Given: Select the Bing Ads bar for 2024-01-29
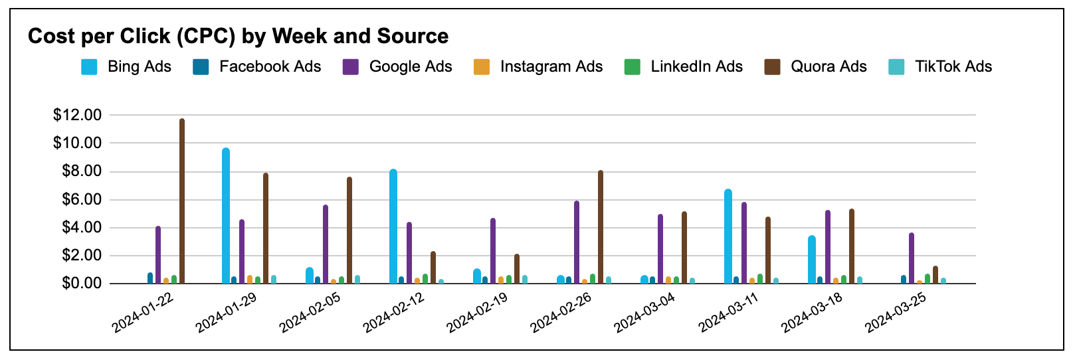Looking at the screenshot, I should (x=226, y=216).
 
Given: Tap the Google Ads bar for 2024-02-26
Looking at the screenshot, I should (x=577, y=242).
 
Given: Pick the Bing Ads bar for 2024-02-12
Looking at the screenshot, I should (x=393, y=226).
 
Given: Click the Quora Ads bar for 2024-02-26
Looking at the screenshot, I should (x=601, y=227).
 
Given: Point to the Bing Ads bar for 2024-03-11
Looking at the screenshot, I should (x=728, y=236).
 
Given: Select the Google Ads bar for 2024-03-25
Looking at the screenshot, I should (x=912, y=258).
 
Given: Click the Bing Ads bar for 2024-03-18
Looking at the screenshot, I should (x=812, y=260).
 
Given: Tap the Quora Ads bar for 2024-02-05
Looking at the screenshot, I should (x=349, y=230).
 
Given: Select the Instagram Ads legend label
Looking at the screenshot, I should (x=551, y=67).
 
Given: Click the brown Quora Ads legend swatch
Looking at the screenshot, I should (x=772, y=67).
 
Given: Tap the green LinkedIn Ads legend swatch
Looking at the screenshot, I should (x=633, y=67).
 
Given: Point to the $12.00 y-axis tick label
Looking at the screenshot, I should (x=78, y=116).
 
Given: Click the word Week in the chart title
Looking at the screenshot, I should (x=300, y=37).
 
